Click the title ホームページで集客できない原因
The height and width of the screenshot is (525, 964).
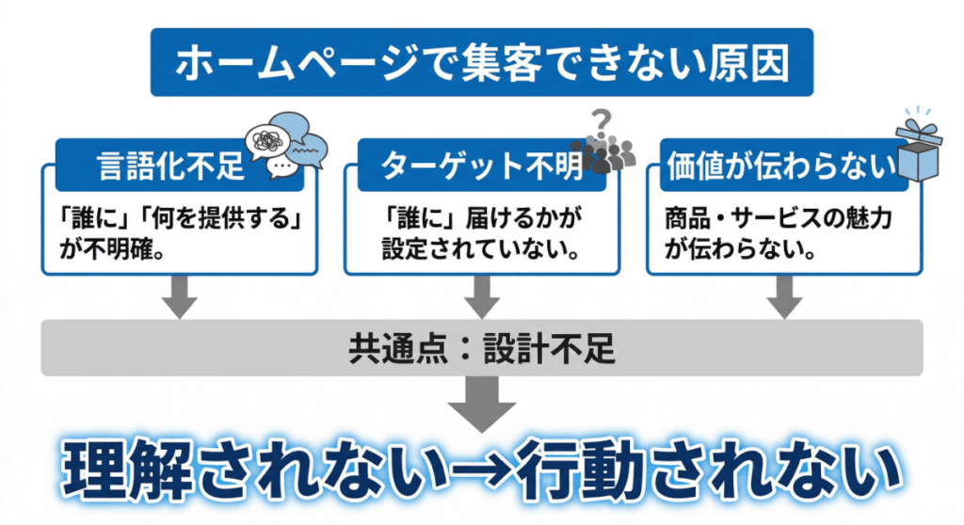(481, 65)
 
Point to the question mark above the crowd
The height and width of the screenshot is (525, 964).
(602, 120)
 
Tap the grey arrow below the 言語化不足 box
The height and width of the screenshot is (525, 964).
(180, 298)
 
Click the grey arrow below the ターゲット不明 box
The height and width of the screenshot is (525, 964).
(481, 298)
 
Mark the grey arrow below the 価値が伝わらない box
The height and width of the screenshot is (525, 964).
(783, 298)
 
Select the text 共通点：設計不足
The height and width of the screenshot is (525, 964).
(481, 348)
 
